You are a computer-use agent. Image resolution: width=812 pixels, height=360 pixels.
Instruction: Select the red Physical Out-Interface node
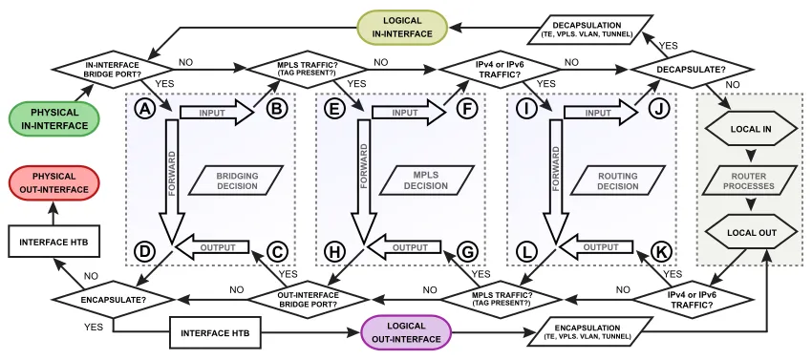(54, 182)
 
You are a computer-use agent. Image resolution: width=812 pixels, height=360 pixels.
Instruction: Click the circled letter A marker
(145, 110)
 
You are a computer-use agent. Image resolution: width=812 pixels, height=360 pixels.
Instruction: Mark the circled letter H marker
(335, 250)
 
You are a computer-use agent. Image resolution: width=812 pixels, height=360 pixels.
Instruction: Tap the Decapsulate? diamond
(679, 69)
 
